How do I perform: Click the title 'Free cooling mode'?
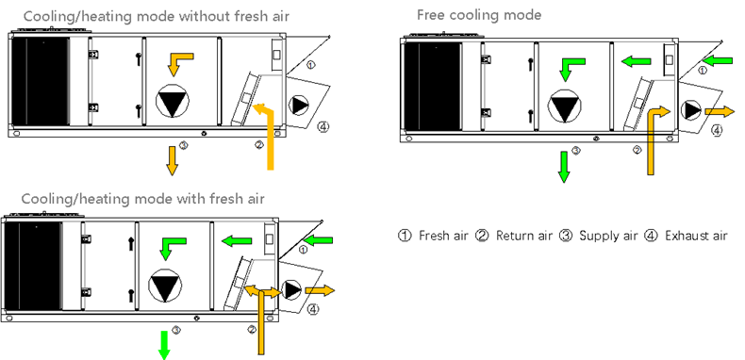click(479, 15)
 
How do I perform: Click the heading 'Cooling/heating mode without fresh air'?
click(157, 16)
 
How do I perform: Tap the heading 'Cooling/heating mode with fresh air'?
click(142, 198)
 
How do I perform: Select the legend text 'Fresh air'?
click(443, 236)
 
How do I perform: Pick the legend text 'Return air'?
click(524, 236)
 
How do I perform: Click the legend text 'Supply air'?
click(608, 236)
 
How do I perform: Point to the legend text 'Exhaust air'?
click(696, 236)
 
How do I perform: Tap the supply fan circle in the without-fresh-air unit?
click(173, 101)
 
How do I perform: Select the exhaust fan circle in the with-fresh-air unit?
click(291, 289)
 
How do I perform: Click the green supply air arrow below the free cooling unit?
click(564, 167)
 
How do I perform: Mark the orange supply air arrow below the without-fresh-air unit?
click(172, 161)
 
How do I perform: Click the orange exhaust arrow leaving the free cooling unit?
click(720, 111)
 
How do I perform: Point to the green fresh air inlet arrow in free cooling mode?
click(718, 61)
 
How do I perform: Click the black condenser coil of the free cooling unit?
click(432, 87)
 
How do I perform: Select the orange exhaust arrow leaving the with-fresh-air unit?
click(320, 290)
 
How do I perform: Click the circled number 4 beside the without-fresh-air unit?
click(323, 127)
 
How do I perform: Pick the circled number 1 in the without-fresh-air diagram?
click(309, 65)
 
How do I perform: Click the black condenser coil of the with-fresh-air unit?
click(32, 266)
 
